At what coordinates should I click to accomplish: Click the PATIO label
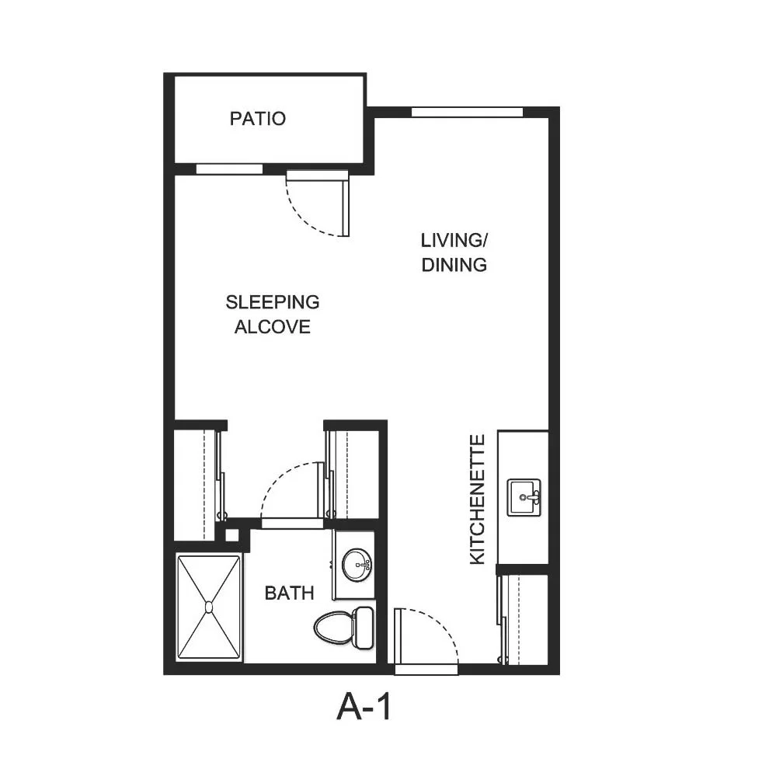[258, 119]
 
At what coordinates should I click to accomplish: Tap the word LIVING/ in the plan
[454, 241]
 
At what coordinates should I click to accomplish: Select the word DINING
[454, 265]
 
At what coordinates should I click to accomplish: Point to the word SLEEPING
[273, 302]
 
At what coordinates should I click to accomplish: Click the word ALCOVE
[273, 326]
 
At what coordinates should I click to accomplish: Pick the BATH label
[290, 593]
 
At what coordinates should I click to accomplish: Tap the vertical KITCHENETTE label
[477, 499]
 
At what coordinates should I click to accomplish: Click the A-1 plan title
[364, 707]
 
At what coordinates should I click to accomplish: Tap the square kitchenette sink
[524, 497]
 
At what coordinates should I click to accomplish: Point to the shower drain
[209, 607]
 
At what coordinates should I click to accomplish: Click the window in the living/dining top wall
[467, 113]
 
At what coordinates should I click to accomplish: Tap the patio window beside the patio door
[229, 169]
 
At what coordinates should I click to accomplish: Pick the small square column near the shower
[231, 535]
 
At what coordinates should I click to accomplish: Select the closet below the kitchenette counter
[524, 618]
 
